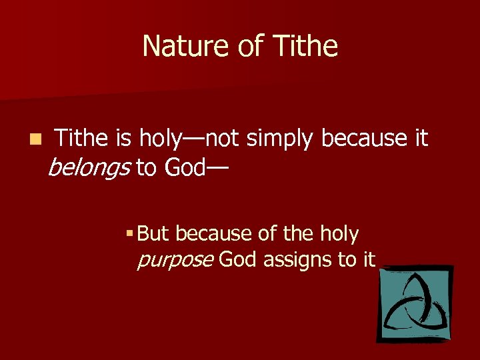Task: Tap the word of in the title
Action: pos(246,47)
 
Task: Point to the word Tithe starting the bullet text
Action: pos(81,138)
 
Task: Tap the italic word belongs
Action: pos(89,169)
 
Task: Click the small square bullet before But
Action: pos(129,234)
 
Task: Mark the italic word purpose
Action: pos(175,260)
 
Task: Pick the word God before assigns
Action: pos(237,259)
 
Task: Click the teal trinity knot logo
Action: pos(414,303)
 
